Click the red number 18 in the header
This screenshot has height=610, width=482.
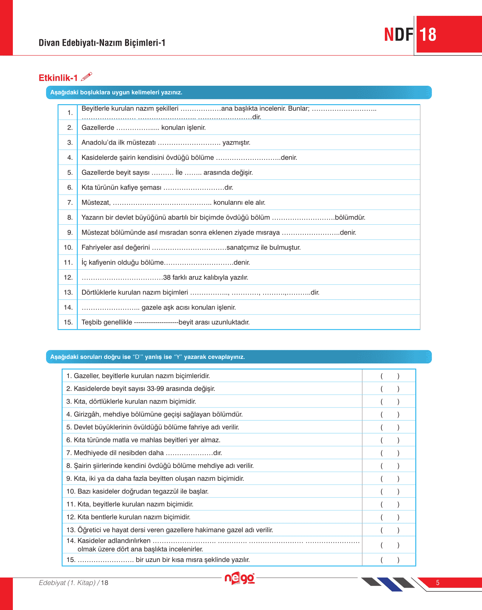coord(428,35)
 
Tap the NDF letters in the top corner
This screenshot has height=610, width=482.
coord(399,35)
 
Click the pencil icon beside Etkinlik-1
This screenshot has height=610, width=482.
coord(87,77)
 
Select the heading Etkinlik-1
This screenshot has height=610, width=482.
coord(58,78)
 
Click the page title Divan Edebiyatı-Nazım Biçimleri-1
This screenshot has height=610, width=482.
coord(102,43)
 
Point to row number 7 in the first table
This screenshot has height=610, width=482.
coord(70,202)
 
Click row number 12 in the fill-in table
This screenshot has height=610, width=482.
coord(68,277)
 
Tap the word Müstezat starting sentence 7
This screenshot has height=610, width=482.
coord(96,202)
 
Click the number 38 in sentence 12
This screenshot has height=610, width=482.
coord(167,277)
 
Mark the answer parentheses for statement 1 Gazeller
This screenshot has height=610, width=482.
coord(390,376)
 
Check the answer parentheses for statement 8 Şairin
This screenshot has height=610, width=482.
coord(390,466)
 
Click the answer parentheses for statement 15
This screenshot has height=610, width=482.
coord(390,560)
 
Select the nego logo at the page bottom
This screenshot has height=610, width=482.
coord(240,578)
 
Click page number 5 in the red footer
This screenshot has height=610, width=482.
coord(438,582)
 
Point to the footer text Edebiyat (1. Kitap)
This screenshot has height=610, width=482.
coord(67,583)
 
